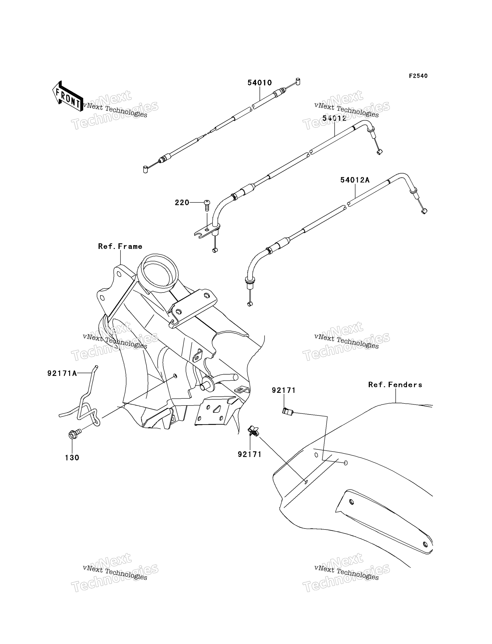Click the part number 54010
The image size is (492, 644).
260,83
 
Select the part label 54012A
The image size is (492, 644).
355,180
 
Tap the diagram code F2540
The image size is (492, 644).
418,76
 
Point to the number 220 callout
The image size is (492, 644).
182,203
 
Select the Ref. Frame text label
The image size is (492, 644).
120,246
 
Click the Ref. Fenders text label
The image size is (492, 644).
395,385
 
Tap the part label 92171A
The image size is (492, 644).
62,373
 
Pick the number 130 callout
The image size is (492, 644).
72,458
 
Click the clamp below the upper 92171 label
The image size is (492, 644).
288,412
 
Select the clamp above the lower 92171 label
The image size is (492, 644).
253,431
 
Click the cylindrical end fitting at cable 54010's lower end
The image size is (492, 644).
145,169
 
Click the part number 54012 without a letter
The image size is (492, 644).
334,118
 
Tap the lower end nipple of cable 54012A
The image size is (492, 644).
250,304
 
